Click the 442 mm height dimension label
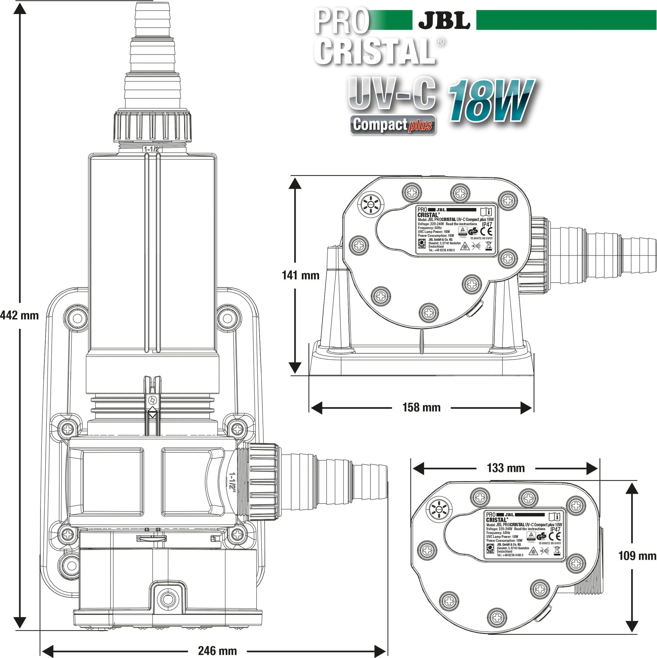click(x=19, y=316)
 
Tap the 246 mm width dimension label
click(x=217, y=650)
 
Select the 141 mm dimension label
click(x=300, y=275)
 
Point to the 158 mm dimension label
click(x=421, y=407)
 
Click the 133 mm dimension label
click(x=506, y=468)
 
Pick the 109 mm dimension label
click(x=637, y=556)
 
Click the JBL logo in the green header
click(x=444, y=20)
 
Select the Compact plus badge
click(x=393, y=125)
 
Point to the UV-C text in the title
click(x=392, y=93)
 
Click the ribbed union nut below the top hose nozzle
click(x=152, y=126)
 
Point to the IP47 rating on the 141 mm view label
click(x=487, y=225)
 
